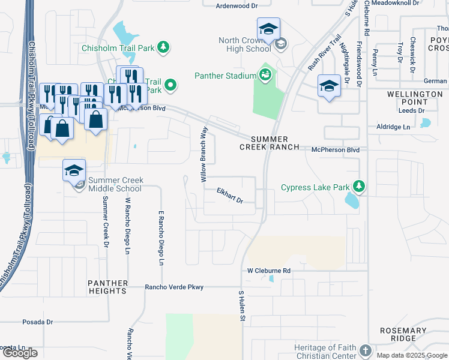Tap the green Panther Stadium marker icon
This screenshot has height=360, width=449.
click(x=265, y=74)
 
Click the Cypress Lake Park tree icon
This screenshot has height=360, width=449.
click(x=359, y=187)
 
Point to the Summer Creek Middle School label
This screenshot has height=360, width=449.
click(x=115, y=184)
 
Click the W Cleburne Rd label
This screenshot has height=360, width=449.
click(x=269, y=271)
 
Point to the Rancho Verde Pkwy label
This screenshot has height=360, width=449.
click(x=174, y=287)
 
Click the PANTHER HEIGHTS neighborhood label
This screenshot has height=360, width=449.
click(x=108, y=287)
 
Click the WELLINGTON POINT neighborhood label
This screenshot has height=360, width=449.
click(x=415, y=98)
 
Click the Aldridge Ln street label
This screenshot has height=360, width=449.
click(x=393, y=127)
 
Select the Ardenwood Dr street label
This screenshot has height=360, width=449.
click(x=237, y=5)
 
